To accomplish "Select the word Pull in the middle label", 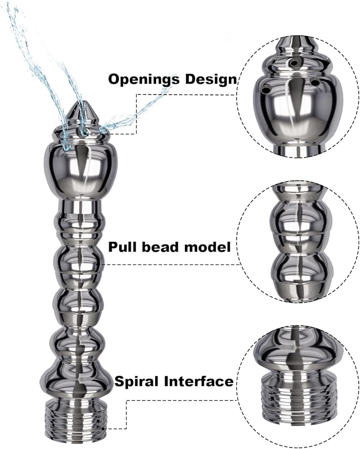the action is click(123, 247).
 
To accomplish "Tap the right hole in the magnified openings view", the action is click(315, 83).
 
